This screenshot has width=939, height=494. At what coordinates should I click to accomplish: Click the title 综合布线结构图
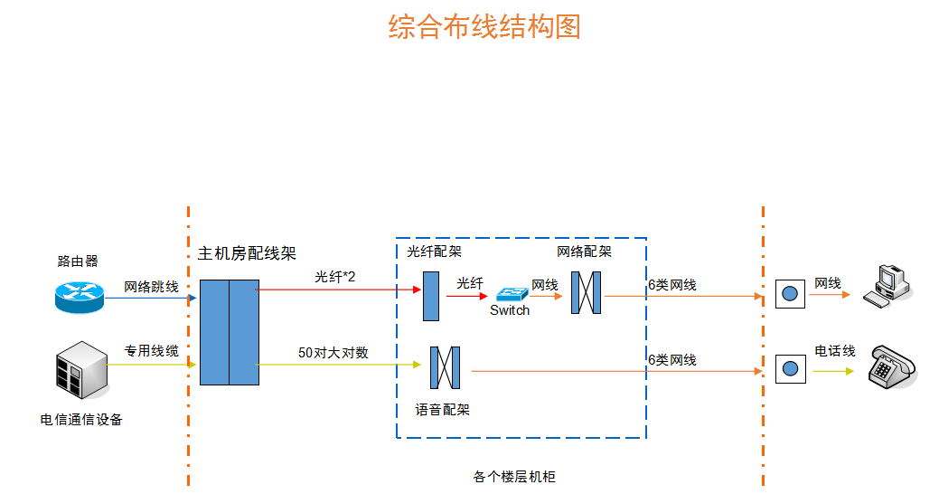pos(484,27)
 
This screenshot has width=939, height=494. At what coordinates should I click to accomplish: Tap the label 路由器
pos(78,261)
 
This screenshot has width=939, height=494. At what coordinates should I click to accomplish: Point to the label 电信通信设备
pos(81,420)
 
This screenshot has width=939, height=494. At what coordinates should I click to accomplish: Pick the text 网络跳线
pos(151,287)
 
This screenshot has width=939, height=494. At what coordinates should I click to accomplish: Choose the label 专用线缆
pos(151,351)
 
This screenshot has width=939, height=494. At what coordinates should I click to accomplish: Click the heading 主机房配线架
pos(247,253)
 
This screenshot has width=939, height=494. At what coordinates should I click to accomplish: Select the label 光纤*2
pos(334,277)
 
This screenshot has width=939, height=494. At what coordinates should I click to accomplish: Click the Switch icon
pos(511,294)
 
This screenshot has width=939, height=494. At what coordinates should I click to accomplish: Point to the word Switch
pos(510,310)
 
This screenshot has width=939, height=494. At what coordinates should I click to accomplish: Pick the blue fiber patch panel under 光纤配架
pos(431,296)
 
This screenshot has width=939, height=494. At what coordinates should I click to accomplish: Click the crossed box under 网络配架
pos(586,293)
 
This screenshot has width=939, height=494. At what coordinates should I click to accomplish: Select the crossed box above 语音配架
pos(446,367)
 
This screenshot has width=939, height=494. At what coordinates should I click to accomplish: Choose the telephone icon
pos(891,366)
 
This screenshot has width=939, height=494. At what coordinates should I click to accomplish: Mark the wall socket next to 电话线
pos(790,369)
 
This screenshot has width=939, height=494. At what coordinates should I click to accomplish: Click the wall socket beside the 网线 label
pos(790,294)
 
